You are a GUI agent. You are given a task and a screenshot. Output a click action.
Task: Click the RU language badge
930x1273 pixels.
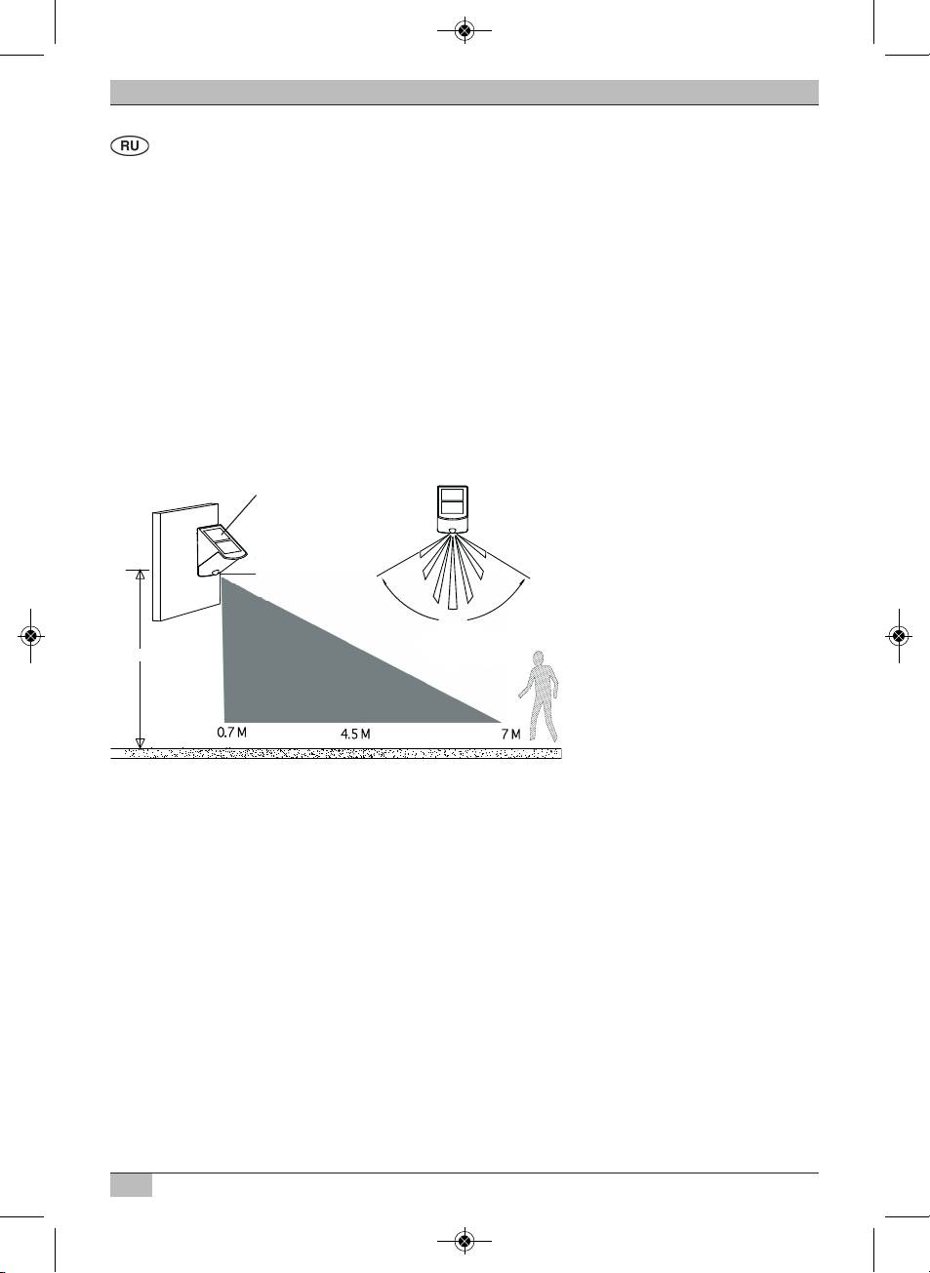tap(130, 146)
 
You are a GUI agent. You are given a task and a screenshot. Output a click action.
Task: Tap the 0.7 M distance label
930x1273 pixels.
tap(232, 732)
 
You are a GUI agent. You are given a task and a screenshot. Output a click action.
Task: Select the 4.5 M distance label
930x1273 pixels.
tap(355, 734)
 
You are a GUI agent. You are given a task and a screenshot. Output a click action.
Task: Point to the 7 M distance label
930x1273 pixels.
tap(510, 735)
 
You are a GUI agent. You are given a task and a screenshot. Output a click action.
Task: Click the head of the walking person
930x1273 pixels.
tap(539, 658)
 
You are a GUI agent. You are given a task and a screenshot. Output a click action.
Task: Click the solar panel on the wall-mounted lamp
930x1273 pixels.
tap(222, 542)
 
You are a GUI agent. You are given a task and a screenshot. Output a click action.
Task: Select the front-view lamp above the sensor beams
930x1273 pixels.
tap(453, 508)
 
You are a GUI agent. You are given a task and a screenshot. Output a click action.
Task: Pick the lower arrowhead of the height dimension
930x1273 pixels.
tap(140, 743)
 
